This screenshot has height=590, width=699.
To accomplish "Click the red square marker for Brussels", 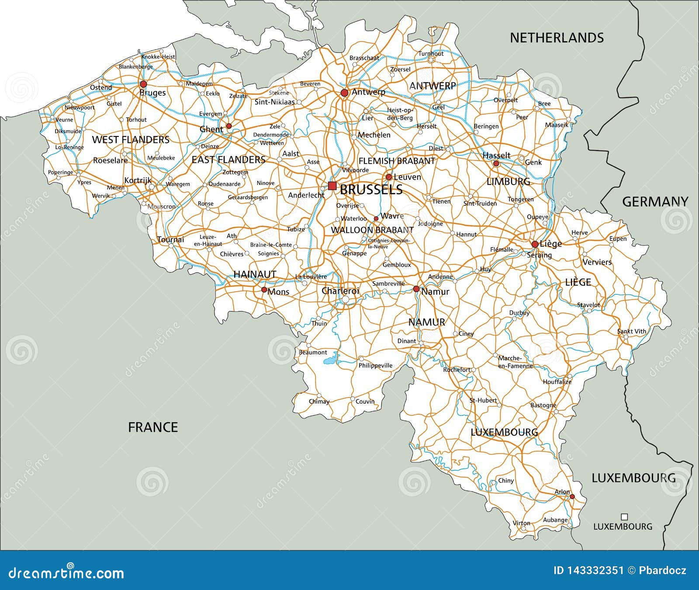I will [332, 186].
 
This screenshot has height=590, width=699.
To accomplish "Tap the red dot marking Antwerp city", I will [344, 93].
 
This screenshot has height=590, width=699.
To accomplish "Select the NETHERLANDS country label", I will [557, 38].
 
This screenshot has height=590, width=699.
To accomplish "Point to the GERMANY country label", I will [655, 202].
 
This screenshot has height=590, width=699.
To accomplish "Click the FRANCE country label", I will [153, 427].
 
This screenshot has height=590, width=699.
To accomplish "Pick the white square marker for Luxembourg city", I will [624, 517].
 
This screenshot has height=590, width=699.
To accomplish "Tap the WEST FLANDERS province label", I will [131, 140].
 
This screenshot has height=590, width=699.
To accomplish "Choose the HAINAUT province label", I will [255, 274].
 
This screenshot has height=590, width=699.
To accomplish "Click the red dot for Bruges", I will [143, 84].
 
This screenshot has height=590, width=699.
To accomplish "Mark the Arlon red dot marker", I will [572, 496].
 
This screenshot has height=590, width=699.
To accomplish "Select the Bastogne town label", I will [543, 405].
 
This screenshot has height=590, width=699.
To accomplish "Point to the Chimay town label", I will [319, 401].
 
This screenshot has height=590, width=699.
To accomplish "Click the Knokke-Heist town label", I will [158, 57].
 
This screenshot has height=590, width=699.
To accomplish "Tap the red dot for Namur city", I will [416, 289].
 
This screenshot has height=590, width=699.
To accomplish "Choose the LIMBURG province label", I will [508, 181].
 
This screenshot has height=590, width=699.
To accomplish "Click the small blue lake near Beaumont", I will [331, 361].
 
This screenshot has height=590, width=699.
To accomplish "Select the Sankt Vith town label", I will [632, 331].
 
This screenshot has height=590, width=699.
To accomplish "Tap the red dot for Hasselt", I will [496, 164].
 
